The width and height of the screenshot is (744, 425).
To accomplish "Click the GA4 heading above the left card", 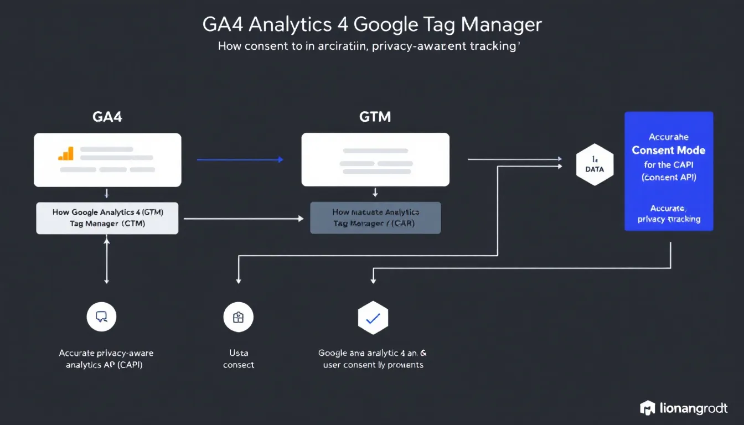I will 107,117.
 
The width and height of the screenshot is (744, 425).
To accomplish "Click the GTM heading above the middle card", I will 375,117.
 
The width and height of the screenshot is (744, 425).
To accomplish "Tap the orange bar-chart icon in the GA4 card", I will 66,153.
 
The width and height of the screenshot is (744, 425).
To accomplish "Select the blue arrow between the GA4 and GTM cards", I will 240,160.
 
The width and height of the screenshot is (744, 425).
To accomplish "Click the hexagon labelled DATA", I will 595,165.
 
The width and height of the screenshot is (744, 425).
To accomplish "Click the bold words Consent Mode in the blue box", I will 669,150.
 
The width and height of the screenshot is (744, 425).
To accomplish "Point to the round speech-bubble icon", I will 101,317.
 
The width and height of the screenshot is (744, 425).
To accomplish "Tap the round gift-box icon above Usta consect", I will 238,317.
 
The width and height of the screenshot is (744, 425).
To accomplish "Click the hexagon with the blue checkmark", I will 373,318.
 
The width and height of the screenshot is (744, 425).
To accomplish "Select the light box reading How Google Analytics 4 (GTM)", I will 107,218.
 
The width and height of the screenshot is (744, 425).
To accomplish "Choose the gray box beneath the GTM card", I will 375,217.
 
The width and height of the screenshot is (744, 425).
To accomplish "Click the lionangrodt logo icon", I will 647,408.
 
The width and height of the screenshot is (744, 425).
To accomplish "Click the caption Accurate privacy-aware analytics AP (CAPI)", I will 106,359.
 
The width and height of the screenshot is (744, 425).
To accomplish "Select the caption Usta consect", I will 239,359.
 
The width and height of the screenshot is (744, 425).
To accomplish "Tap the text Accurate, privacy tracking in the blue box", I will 669,214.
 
